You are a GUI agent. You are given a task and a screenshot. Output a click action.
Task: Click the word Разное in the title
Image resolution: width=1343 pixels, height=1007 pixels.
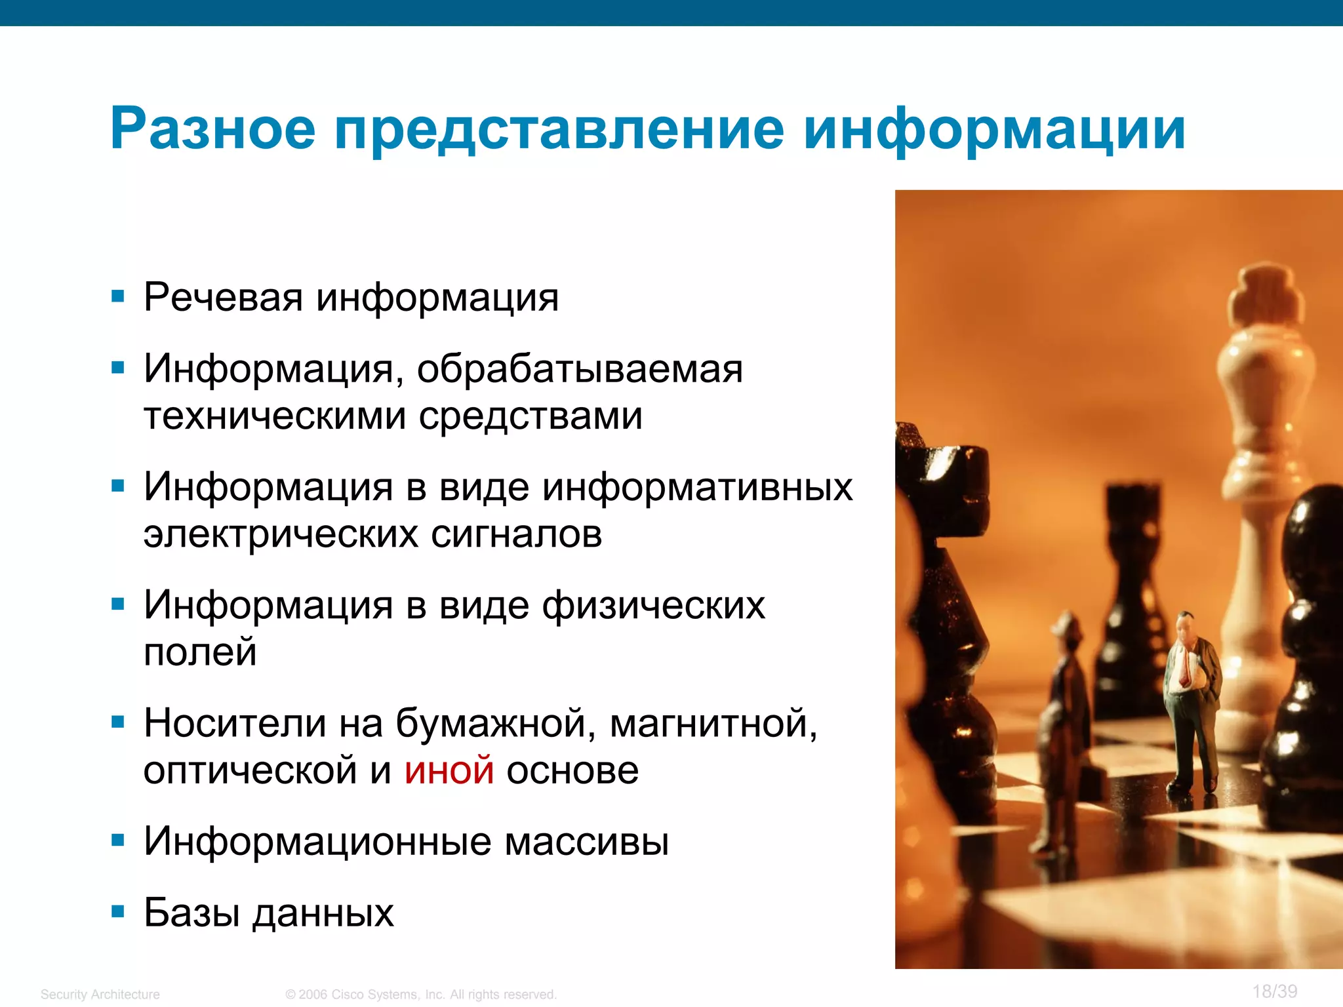coord(213,129)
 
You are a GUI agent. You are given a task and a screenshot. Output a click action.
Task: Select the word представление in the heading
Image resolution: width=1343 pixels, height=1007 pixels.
coord(559,129)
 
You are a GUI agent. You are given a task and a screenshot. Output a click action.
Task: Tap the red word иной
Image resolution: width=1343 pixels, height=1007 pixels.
coord(449,770)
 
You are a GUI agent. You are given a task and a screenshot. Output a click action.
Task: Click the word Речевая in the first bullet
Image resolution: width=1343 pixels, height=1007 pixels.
coord(223,297)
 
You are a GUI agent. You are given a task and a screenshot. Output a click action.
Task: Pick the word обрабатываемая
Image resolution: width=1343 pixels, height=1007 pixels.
coord(580,369)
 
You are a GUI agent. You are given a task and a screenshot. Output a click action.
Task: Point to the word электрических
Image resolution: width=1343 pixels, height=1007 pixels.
coord(281,534)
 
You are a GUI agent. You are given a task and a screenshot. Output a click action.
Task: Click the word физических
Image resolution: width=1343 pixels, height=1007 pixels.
coord(654,605)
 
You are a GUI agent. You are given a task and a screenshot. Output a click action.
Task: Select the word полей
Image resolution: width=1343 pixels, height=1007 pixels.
coord(200,652)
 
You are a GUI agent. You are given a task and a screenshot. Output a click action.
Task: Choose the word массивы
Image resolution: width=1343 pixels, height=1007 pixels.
coord(587,841)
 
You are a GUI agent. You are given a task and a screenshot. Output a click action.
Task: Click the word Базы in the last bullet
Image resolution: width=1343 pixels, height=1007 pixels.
coord(191,912)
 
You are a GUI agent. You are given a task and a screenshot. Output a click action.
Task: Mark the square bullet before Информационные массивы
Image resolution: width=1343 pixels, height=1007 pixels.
coord(118,840)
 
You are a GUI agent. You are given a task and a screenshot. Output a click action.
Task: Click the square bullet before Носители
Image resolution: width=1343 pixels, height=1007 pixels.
coord(118,722)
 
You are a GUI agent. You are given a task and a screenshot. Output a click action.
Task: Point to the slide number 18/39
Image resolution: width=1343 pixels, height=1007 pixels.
coord(1275,991)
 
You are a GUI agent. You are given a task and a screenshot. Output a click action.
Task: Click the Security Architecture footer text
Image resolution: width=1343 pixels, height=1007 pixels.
coord(100,995)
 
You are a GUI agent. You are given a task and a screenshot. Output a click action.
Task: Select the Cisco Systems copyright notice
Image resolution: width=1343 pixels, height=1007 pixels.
coord(421,995)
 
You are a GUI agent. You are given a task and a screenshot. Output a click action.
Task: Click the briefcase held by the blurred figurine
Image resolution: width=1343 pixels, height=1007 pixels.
coord(1090,780)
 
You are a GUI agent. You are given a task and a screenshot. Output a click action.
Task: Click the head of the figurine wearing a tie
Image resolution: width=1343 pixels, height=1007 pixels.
coord(1184,626)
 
